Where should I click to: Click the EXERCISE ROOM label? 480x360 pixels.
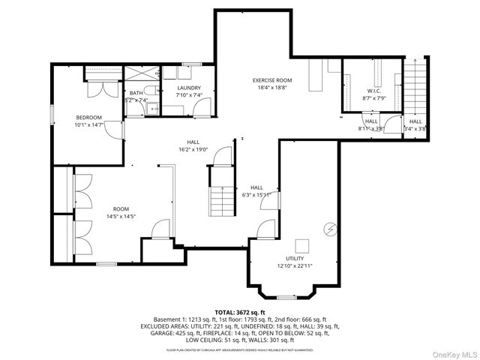[x=271, y=80]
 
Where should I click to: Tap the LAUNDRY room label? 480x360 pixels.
[x=189, y=88]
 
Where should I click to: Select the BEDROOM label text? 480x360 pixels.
[x=89, y=118]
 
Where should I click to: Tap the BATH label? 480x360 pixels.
[x=135, y=93]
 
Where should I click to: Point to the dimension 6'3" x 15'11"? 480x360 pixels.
[x=256, y=195]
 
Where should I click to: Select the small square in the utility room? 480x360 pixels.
[x=302, y=245]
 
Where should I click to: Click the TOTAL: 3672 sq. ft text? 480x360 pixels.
[x=240, y=312]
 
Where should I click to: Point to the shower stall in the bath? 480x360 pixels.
[x=140, y=73]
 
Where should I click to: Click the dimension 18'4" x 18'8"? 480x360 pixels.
[x=271, y=87]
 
